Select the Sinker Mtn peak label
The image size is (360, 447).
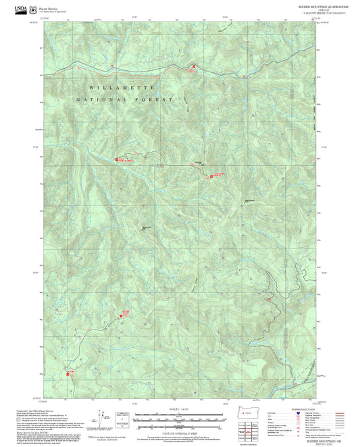pos(145,227)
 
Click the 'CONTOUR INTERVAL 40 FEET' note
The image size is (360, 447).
pos(180,433)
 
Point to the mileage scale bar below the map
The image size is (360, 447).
pos(180,419)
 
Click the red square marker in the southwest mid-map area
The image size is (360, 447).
pos(125,312)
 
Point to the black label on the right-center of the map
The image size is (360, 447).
pos(249,199)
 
